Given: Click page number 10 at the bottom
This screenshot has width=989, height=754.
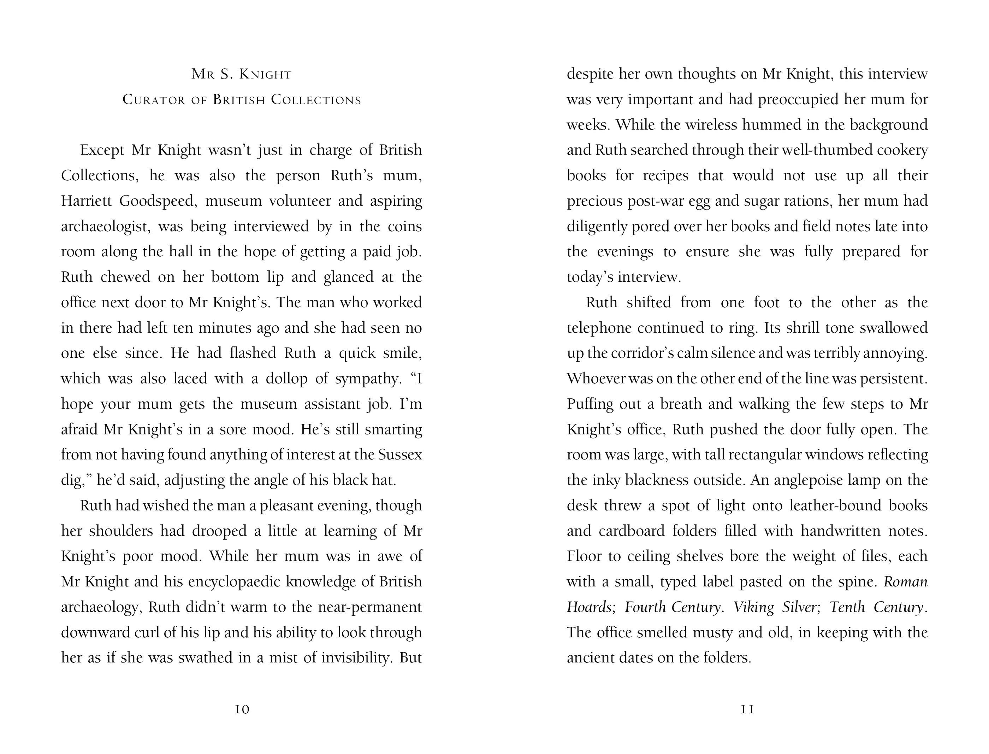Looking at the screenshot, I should (242, 709).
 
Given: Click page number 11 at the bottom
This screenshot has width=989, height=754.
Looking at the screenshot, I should (747, 709).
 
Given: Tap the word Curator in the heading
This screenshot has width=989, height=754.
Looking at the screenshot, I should (153, 100).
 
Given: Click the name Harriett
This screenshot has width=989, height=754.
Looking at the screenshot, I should (87, 201).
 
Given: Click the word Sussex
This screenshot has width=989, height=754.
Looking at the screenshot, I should (400, 455).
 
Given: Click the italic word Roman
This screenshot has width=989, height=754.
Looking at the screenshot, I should (906, 581).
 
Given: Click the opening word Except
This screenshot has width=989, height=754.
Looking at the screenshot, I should (102, 150).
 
